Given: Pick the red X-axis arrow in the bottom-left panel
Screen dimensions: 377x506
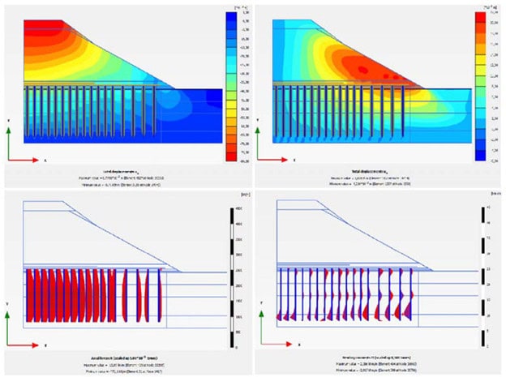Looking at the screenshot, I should click(x=24, y=345).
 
